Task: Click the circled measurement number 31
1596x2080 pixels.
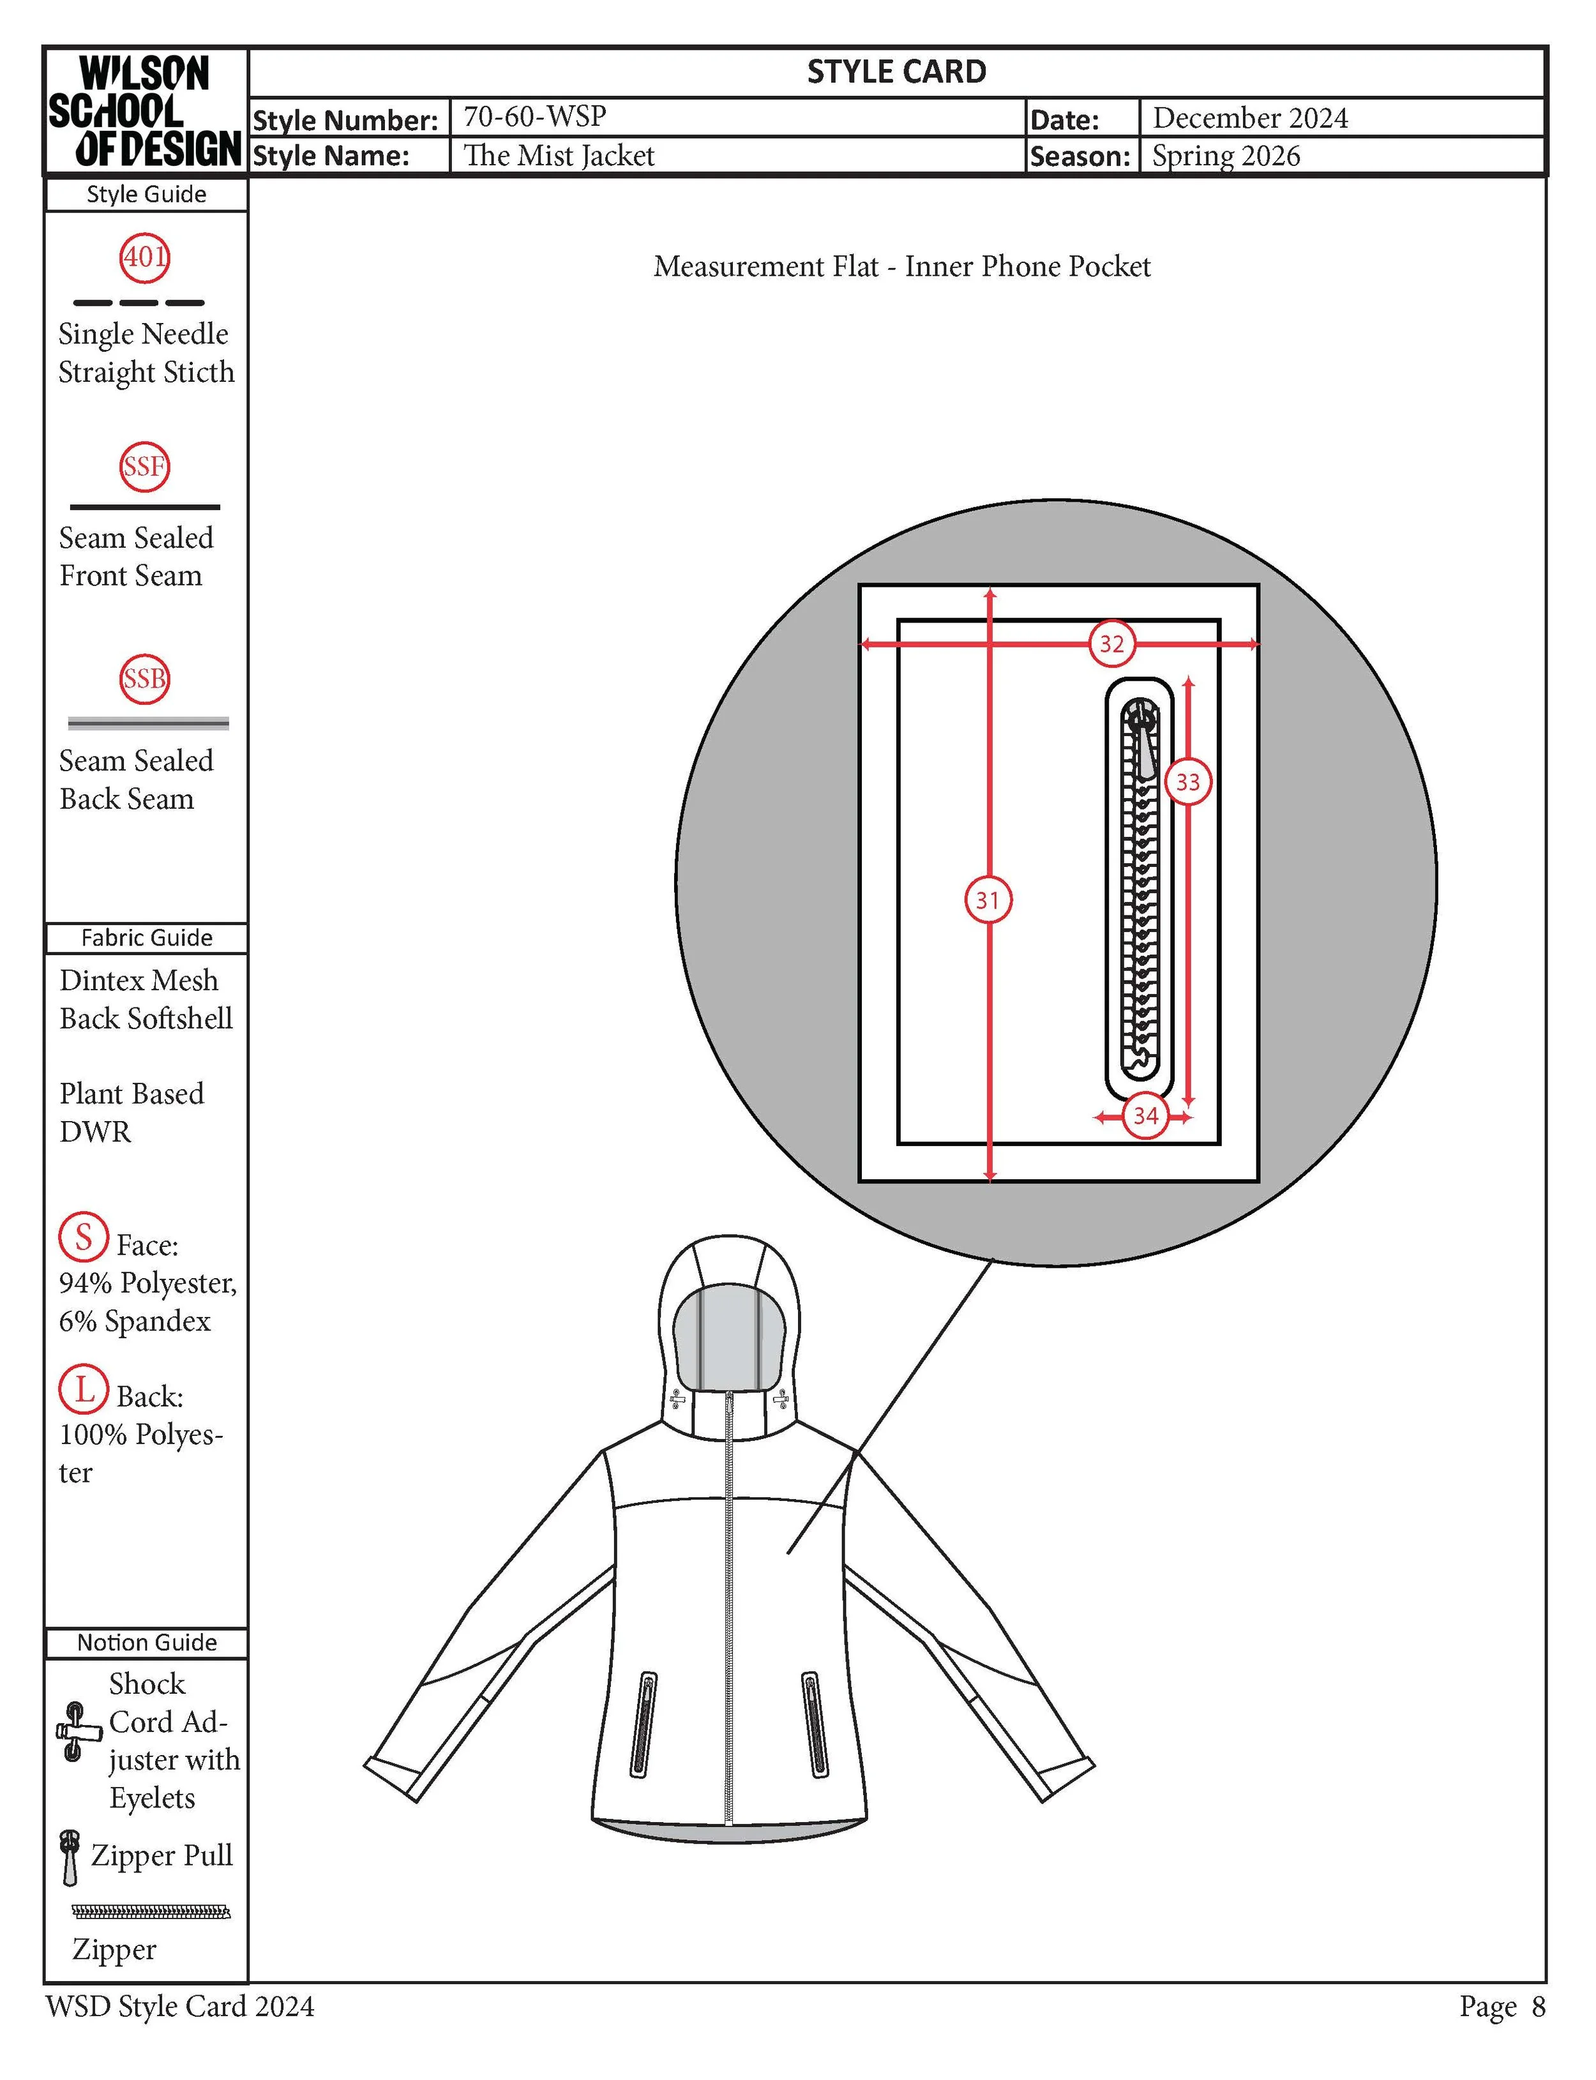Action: click(x=988, y=900)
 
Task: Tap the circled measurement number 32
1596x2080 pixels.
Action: click(x=1111, y=644)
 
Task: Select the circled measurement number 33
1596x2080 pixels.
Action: click(x=1187, y=781)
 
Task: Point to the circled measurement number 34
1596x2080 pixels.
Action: click(x=1146, y=1115)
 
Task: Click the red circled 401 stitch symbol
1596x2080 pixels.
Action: click(x=144, y=257)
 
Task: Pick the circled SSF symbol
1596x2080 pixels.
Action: click(x=144, y=466)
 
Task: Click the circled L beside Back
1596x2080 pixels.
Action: click(x=84, y=1389)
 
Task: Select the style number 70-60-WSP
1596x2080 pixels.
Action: click(x=535, y=117)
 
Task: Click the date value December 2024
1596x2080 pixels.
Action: click(x=1250, y=117)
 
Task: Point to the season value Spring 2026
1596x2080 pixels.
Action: click(x=1226, y=156)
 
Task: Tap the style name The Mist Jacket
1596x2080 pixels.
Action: click(x=559, y=156)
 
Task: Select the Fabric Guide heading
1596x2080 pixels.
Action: click(x=146, y=937)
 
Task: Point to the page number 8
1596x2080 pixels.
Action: click(x=1538, y=2007)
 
